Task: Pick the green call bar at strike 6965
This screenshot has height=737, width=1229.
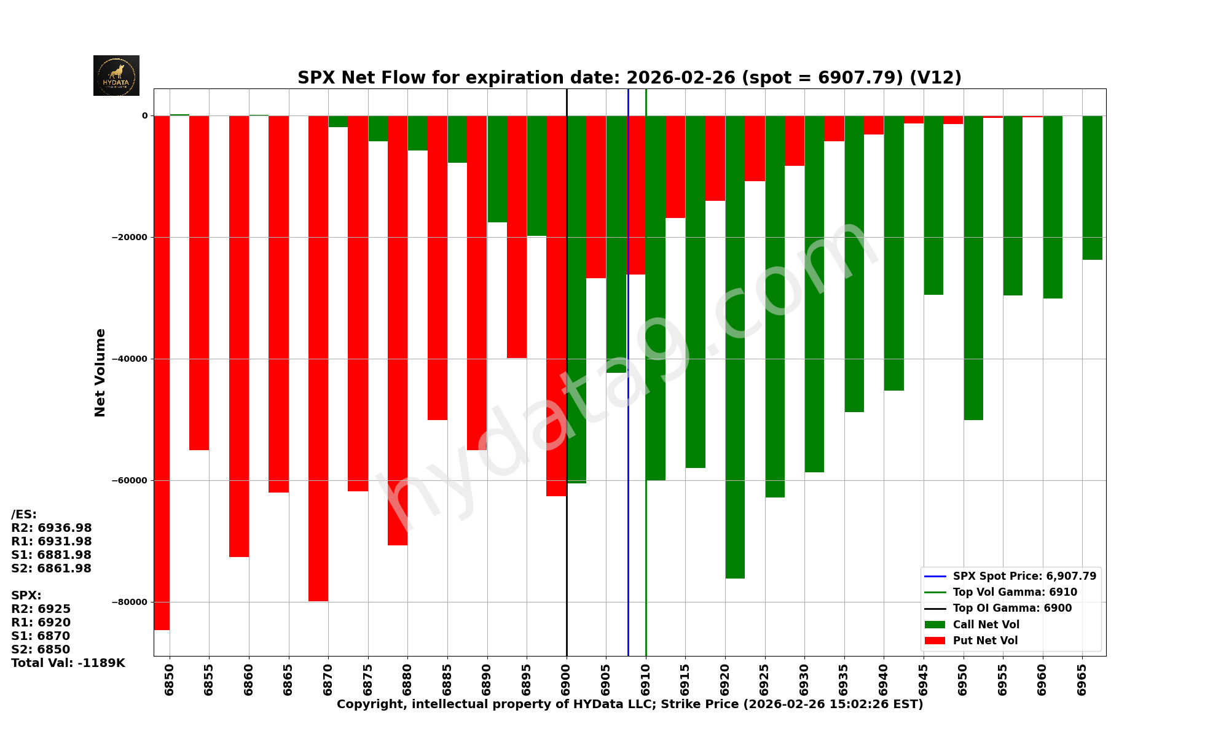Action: coord(1092,187)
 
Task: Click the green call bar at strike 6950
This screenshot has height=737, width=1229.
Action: coord(973,267)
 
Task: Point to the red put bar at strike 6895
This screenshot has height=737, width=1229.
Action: coord(517,236)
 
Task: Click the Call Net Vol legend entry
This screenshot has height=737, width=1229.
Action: coord(986,625)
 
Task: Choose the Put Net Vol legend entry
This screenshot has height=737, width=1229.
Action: coord(985,641)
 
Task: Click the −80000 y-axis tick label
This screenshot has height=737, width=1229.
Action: coord(129,602)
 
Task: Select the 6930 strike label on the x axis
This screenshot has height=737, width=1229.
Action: coord(804,679)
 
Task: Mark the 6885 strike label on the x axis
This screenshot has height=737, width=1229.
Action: coord(447,679)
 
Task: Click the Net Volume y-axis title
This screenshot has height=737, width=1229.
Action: coord(100,372)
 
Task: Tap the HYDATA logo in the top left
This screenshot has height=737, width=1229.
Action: coord(116,76)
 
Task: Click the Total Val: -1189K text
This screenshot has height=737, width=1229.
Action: coord(68,663)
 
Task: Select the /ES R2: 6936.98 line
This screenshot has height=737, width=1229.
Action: coord(52,528)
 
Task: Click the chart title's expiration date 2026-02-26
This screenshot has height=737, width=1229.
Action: coord(680,78)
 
